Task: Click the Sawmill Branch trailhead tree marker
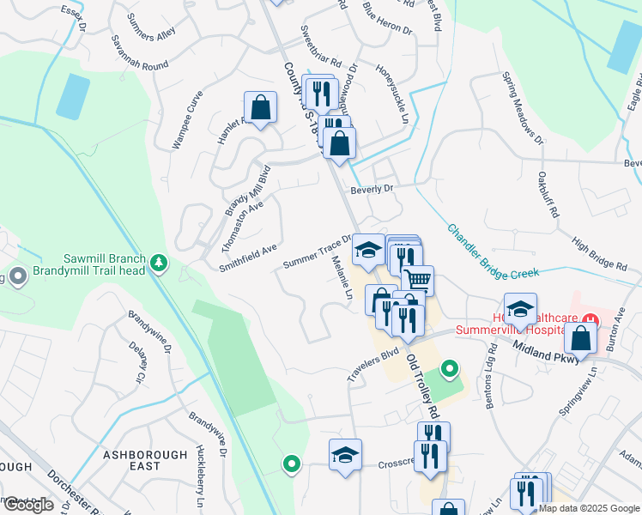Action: coord(158,263)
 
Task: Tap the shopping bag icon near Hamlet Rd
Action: coord(260,108)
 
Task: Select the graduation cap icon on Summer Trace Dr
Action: coord(368,250)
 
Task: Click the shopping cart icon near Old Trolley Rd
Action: coord(417,279)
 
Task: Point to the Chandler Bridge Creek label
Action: coord(492,251)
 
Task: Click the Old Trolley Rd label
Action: coord(422,385)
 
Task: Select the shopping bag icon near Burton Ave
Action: coord(581,338)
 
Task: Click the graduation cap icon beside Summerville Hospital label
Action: coord(520,309)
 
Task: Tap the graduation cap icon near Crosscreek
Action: coord(345,455)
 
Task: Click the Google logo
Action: coord(29,505)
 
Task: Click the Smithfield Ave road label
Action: coord(247,257)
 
